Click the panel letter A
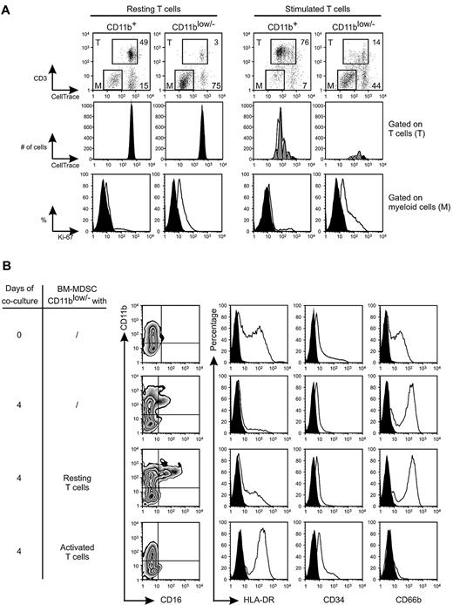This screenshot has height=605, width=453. [9, 8]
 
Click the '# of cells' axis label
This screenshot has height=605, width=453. [36, 148]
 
